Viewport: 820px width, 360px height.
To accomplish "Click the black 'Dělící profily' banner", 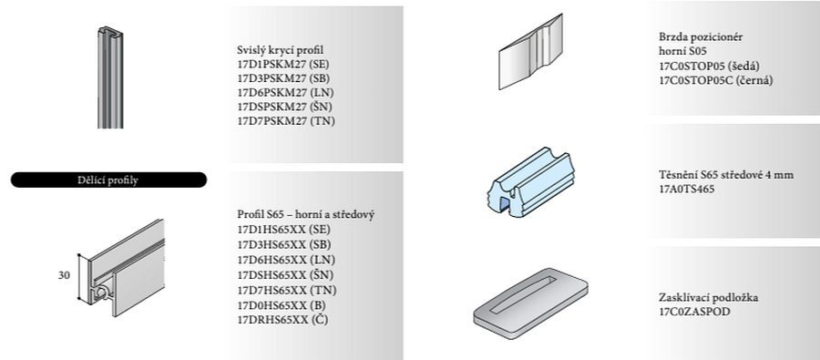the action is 108,180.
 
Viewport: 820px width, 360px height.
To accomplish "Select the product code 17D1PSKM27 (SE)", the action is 283,65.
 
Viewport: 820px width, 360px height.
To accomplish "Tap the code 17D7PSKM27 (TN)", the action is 286,121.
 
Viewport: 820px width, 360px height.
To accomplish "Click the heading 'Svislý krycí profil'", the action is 281,50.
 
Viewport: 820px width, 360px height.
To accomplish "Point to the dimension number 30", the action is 64,275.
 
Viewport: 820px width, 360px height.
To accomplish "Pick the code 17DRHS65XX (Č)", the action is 282,320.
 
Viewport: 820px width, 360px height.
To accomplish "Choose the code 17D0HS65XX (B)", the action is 282,304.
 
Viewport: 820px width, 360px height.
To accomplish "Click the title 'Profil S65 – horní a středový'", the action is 306,214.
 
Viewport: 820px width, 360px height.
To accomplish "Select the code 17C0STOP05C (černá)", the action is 716,80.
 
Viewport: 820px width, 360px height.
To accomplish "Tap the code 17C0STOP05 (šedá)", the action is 709,66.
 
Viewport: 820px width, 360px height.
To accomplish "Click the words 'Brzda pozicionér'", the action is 701,37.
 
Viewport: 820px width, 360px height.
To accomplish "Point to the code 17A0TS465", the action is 686,189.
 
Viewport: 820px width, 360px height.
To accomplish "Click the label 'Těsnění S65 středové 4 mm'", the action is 726,175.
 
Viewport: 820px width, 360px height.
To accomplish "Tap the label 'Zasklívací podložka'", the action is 709,298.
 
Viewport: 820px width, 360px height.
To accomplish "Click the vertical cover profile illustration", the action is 110,77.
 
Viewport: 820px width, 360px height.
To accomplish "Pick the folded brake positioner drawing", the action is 530,51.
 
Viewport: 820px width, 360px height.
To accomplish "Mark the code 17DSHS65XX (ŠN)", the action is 285,274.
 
